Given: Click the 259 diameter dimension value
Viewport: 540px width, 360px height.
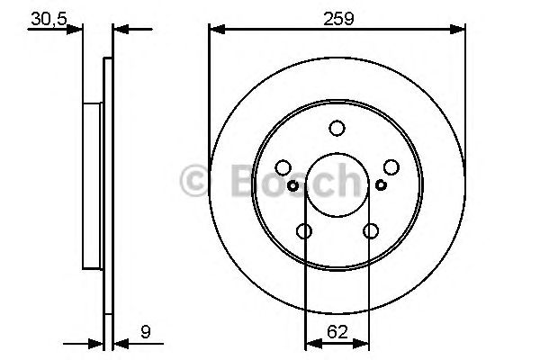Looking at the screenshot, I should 337,15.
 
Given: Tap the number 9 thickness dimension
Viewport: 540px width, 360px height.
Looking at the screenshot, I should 145,330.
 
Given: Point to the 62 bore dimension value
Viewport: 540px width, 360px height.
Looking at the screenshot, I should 337,330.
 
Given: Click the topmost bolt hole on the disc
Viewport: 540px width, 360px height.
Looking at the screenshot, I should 337,129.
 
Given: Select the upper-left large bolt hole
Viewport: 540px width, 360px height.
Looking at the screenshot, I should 283,167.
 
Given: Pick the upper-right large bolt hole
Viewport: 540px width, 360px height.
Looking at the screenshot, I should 391,167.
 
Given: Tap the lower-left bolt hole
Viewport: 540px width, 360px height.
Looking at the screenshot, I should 304,232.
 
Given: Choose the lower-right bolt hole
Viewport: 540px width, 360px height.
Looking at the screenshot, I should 370,232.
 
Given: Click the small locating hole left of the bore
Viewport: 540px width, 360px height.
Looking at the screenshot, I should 293,185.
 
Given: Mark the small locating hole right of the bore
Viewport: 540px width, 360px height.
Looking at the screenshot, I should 381,185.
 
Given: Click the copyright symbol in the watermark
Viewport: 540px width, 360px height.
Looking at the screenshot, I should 196,182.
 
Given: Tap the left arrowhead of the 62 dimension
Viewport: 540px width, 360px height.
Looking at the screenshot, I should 311,343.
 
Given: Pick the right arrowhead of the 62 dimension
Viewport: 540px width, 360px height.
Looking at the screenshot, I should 363,343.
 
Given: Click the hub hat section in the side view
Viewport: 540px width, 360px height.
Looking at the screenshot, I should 93,184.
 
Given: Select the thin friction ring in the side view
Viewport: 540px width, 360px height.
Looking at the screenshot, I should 108,184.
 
